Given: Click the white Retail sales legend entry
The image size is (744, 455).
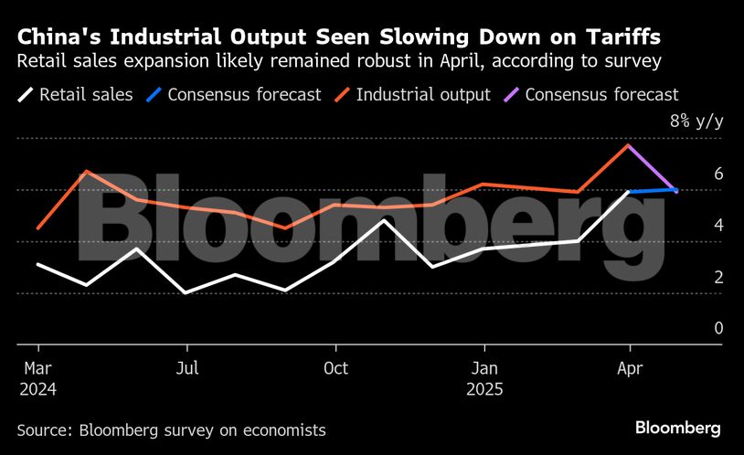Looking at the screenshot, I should [76, 94].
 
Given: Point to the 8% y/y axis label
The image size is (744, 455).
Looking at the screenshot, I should [696, 122].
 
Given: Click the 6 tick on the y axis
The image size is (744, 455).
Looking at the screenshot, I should [718, 174].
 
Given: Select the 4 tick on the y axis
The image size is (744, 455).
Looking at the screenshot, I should [718, 225].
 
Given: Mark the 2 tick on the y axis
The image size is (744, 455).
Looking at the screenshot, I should [718, 277].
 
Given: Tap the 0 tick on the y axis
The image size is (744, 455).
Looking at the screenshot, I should [718, 328].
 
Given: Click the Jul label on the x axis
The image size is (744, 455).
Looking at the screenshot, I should [187, 369].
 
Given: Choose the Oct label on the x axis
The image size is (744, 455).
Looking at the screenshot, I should [336, 369].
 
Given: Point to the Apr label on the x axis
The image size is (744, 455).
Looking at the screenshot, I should [630, 369].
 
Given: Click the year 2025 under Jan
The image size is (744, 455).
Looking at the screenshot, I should [484, 389].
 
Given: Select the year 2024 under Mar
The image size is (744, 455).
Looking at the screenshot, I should [37, 389].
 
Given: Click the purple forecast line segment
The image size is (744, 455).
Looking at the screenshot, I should [653, 168].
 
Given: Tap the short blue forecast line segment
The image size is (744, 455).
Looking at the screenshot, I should [653, 191].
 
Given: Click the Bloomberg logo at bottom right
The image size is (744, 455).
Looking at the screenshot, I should [678, 429].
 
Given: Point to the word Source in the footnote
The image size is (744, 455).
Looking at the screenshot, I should [44, 429].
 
